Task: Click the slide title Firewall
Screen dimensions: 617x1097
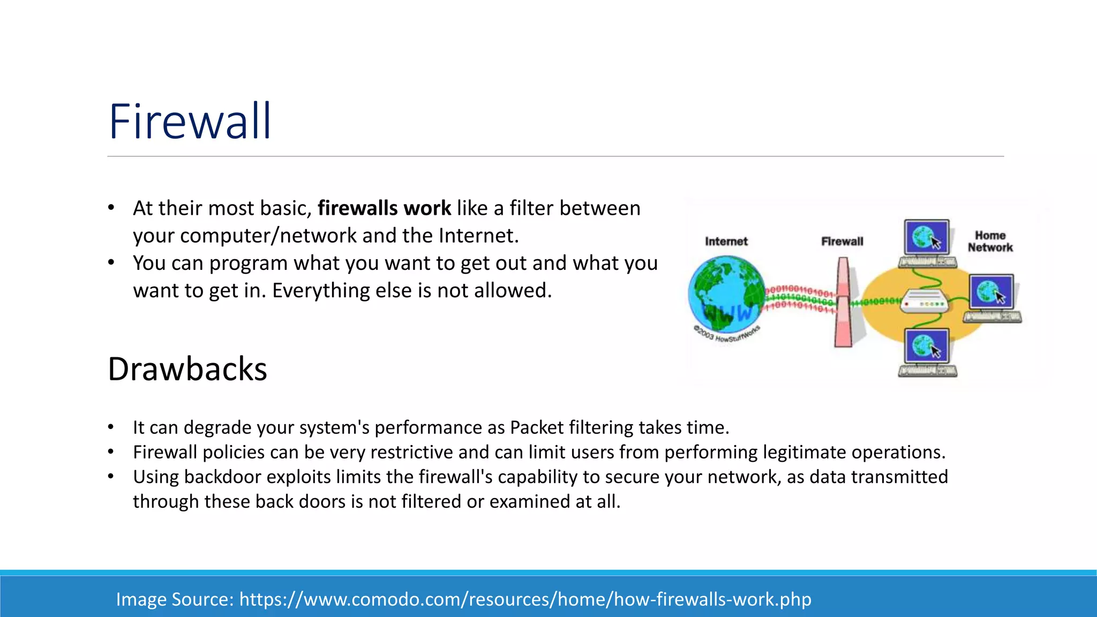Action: [x=190, y=122]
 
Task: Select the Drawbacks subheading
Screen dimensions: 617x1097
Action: [x=187, y=369]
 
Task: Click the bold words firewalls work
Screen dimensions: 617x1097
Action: [x=384, y=208]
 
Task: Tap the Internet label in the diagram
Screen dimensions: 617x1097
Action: [x=726, y=242]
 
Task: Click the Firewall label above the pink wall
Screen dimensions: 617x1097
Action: [x=842, y=242]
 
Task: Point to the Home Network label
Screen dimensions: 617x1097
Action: [x=990, y=242]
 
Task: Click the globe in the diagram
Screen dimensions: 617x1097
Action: [x=726, y=294]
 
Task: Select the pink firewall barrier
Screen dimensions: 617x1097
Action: [x=843, y=303]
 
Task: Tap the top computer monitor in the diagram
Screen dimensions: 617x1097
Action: [x=927, y=237]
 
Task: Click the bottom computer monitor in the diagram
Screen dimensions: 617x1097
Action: [x=927, y=346]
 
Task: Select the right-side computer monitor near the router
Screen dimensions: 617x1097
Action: [x=991, y=292]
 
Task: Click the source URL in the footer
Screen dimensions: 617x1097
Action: [x=525, y=599]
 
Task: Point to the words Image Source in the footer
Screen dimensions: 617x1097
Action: [x=175, y=599]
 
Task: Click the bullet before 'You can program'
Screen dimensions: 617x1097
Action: [x=111, y=263]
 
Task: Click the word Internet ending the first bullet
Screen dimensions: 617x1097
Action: [x=477, y=236]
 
